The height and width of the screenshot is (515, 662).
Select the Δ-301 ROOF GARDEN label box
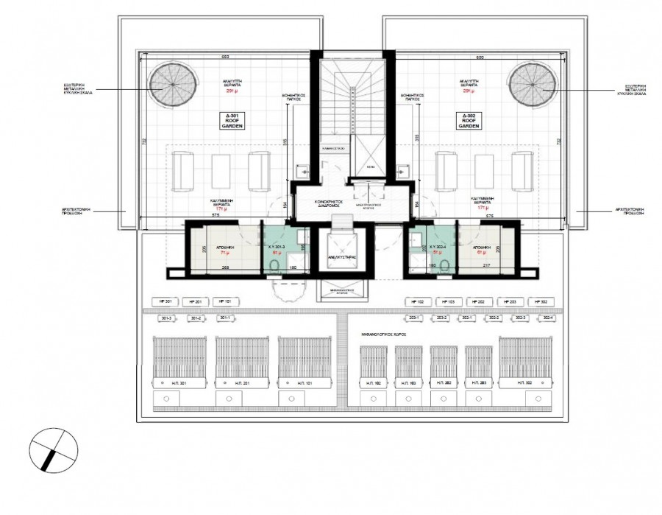[x=234, y=122]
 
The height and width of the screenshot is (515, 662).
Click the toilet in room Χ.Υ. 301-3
[x=273, y=268]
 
